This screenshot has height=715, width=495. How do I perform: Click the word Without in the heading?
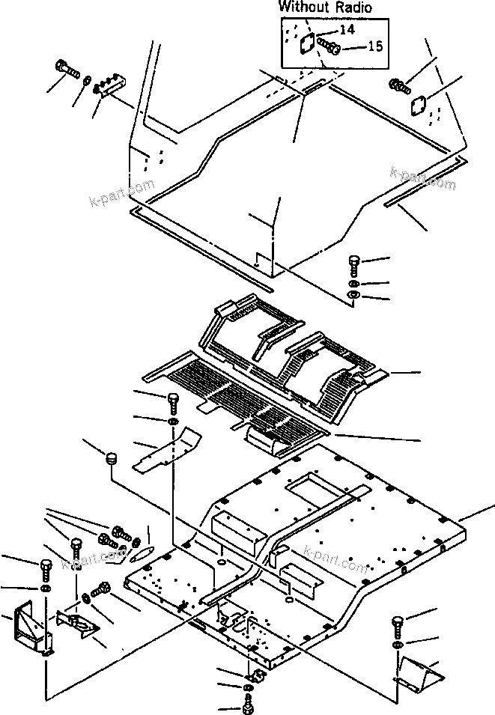304,7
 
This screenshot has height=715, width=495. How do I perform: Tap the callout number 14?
347,30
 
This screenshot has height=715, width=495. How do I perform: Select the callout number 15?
374,46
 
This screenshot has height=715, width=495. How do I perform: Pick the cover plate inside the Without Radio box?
306,44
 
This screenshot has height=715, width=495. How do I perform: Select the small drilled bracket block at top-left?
113,83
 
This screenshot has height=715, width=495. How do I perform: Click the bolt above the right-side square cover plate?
400,85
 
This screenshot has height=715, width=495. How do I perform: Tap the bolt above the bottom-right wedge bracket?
398,624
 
